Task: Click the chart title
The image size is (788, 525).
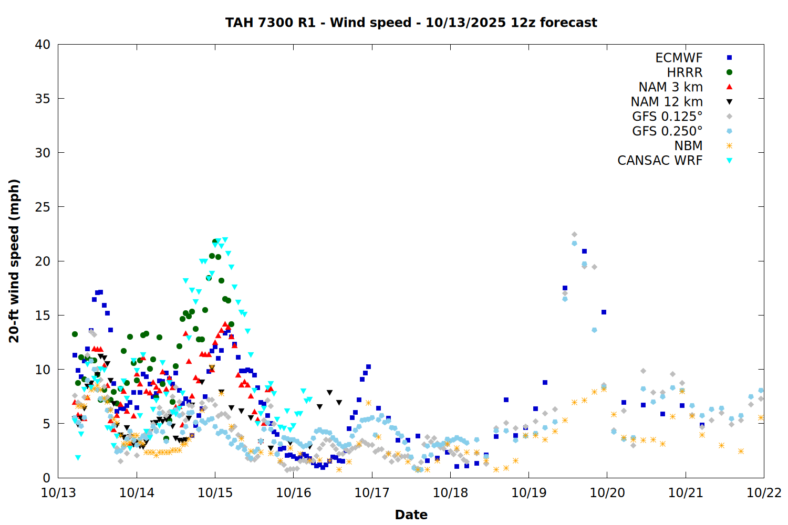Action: click(x=411, y=23)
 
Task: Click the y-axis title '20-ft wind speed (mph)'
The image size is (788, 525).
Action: click(x=14, y=261)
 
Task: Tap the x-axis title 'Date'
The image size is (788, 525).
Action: click(x=411, y=514)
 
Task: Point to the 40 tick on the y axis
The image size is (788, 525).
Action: click(x=43, y=45)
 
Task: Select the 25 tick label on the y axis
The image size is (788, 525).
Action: click(x=43, y=207)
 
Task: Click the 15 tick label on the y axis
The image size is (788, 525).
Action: click(x=43, y=315)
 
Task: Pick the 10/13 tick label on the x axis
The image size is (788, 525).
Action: click(x=58, y=493)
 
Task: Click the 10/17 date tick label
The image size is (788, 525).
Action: click(x=372, y=493)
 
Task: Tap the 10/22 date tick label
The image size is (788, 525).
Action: click(x=764, y=493)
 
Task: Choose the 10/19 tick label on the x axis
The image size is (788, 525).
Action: click(x=528, y=493)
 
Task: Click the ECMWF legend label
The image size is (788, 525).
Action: click(x=679, y=58)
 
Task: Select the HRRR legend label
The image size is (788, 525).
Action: click(x=685, y=72)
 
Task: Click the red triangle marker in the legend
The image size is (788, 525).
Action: click(x=729, y=87)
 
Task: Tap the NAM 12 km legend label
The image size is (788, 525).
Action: click(x=667, y=102)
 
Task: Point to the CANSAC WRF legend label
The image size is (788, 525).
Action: click(x=660, y=161)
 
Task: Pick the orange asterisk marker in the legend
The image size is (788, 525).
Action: click(x=729, y=146)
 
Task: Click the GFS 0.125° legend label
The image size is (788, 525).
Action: click(x=667, y=117)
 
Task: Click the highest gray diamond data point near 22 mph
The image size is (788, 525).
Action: click(x=574, y=235)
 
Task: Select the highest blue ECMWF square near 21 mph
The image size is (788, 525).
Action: click(x=584, y=251)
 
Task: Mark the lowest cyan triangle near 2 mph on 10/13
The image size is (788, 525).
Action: click(x=78, y=458)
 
